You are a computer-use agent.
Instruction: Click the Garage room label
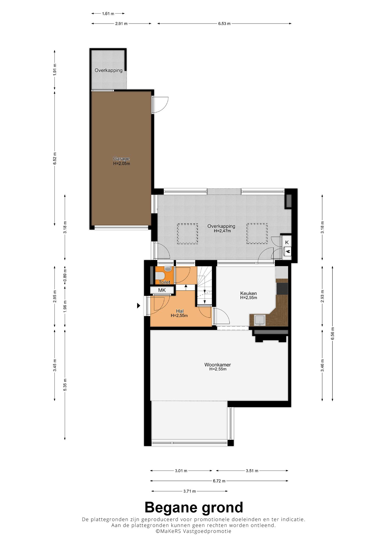121,159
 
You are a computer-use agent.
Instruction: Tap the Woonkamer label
218,364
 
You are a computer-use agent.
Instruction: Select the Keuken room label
248,293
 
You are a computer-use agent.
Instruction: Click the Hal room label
180,311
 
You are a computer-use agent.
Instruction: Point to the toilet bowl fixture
160,275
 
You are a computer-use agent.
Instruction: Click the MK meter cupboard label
162,290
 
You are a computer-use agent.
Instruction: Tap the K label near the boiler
287,242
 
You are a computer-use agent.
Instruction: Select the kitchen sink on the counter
260,320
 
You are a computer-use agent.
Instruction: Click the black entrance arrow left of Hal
138,306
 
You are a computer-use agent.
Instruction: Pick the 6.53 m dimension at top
224,24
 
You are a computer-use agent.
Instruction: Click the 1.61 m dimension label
108,13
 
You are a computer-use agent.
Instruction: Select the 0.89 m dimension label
65,275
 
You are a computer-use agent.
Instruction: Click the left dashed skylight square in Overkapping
188,234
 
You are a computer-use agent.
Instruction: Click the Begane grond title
194,507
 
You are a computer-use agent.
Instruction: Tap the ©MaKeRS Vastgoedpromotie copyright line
193,531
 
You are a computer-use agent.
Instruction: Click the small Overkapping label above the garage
109,70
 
